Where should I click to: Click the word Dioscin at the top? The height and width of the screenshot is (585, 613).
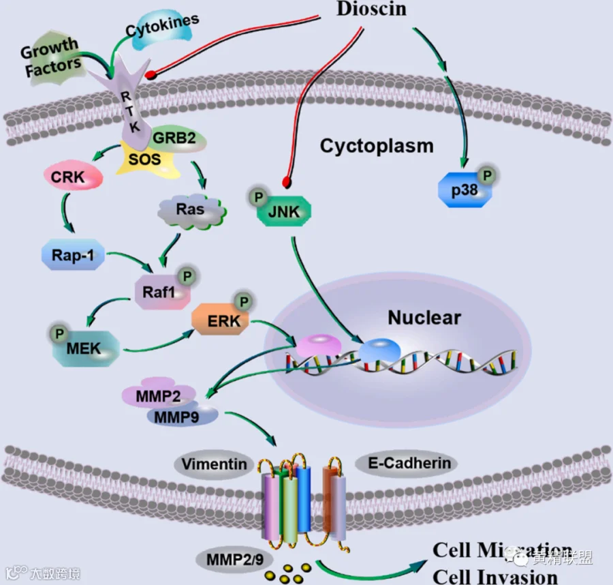click(x=372, y=9)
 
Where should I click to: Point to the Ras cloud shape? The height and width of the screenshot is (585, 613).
click(x=191, y=209)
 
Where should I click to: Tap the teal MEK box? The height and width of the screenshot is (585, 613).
click(x=83, y=348)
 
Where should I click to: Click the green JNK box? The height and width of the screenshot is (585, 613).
click(x=283, y=211)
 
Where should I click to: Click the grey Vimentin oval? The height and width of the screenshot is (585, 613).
click(x=214, y=465)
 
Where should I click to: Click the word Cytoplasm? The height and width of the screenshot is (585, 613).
click(x=376, y=145)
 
